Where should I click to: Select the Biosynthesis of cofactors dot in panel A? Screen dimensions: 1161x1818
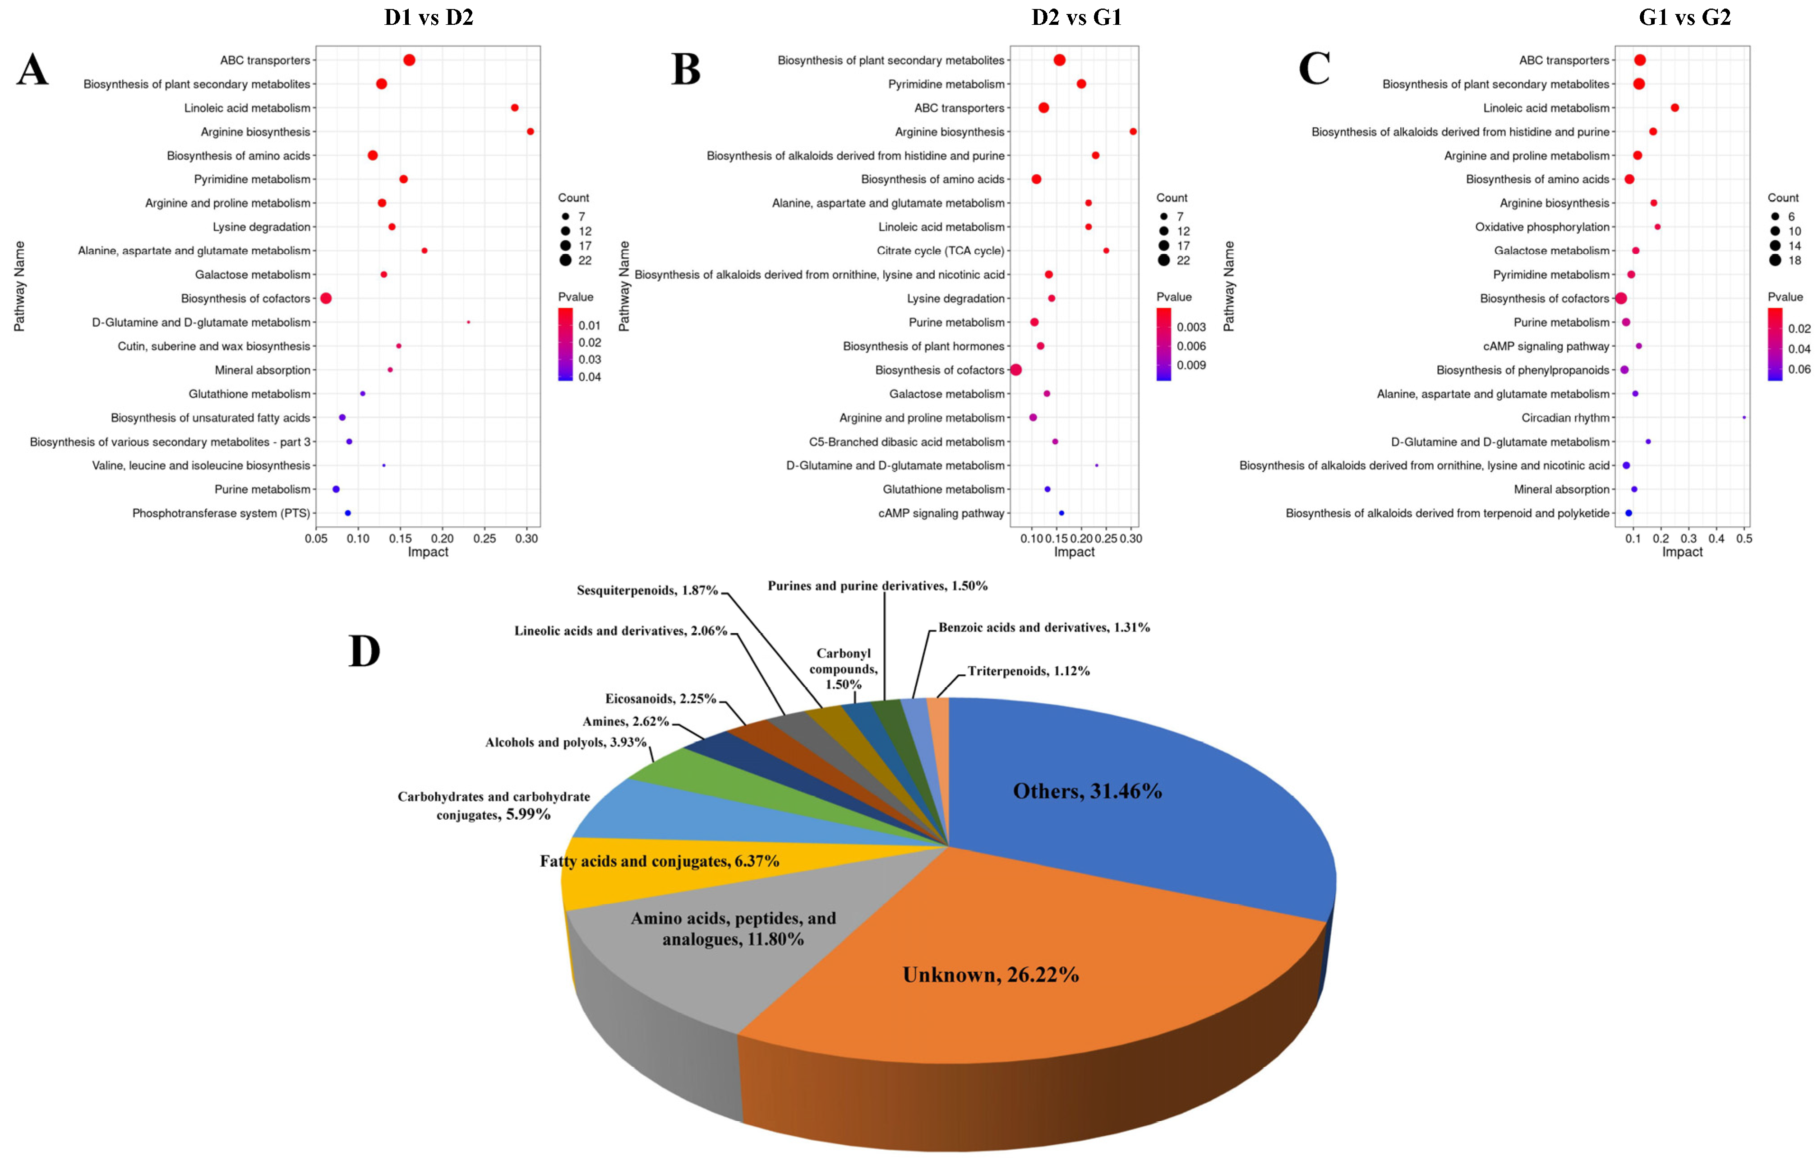[326, 298]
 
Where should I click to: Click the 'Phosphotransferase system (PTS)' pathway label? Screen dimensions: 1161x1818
[221, 513]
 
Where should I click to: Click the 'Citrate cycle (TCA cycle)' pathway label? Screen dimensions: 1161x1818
[940, 251]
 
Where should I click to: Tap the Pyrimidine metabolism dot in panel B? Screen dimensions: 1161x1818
[1081, 84]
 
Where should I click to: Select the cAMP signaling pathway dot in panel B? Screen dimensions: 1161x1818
[1061, 513]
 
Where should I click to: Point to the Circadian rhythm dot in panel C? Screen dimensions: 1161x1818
[1744, 418]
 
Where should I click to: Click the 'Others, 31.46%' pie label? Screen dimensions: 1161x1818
[1087, 791]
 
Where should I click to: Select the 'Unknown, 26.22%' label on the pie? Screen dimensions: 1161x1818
[991, 975]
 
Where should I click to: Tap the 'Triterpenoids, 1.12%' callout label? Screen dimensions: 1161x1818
[1028, 671]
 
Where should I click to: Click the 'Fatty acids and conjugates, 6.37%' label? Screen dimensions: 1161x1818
[659, 861]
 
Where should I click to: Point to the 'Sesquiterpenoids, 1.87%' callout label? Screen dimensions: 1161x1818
[647, 590]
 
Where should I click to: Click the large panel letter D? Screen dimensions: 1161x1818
[364, 652]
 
